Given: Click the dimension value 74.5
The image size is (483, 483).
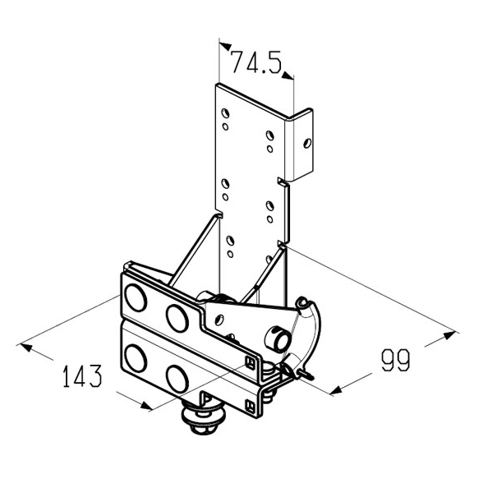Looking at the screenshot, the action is [256, 62].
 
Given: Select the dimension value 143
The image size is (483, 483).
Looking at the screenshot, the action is [82, 376].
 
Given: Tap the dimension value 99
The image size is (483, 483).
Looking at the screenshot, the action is [396, 360].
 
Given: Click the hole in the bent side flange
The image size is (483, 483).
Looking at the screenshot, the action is [307, 143].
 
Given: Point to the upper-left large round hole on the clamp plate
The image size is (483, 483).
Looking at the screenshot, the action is [136, 297].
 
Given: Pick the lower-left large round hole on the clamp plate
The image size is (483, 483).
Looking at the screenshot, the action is [136, 358].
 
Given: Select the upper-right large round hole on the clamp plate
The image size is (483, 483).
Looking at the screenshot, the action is [177, 318].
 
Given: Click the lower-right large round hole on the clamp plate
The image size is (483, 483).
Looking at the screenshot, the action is [177, 379].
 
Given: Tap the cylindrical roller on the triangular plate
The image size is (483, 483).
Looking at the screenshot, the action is [278, 339].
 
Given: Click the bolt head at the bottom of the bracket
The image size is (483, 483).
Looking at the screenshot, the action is [204, 420].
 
